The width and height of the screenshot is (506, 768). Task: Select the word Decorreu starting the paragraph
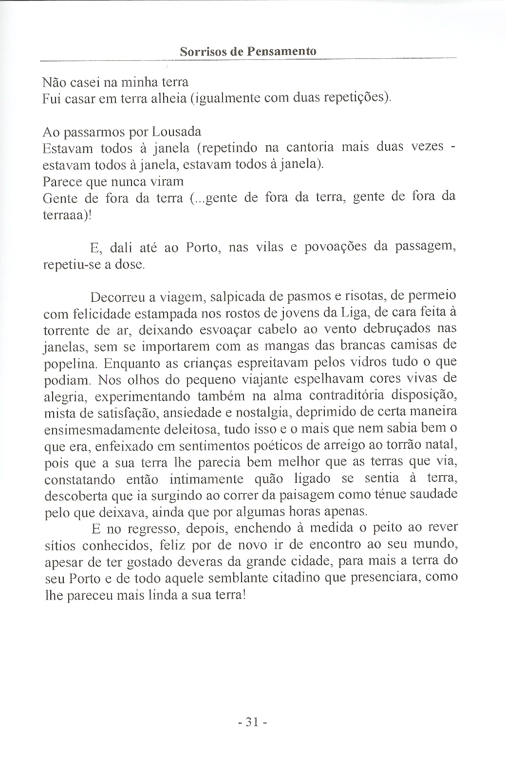point(117,297)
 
